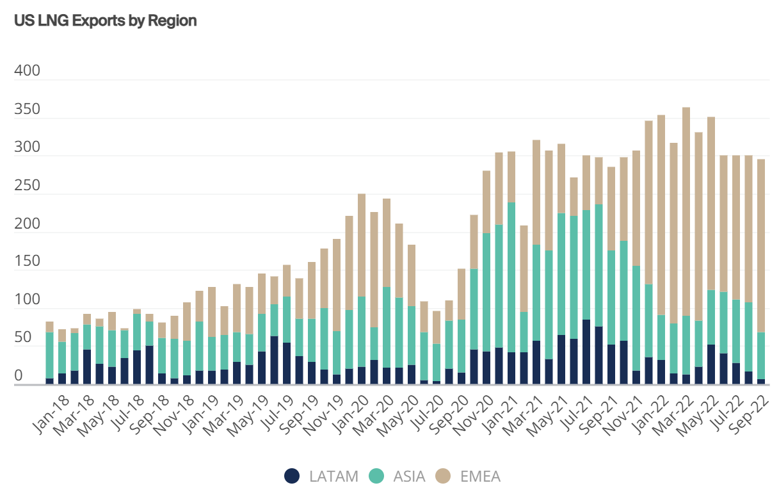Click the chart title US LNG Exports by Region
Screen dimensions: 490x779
[x=105, y=20]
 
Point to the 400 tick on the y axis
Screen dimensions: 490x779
[x=27, y=71]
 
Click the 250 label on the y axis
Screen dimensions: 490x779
[x=27, y=186]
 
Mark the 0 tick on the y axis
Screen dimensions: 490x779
[x=19, y=376]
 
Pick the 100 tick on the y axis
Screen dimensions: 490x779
[x=27, y=300]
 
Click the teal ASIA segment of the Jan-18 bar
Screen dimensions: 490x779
[x=50, y=355]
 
